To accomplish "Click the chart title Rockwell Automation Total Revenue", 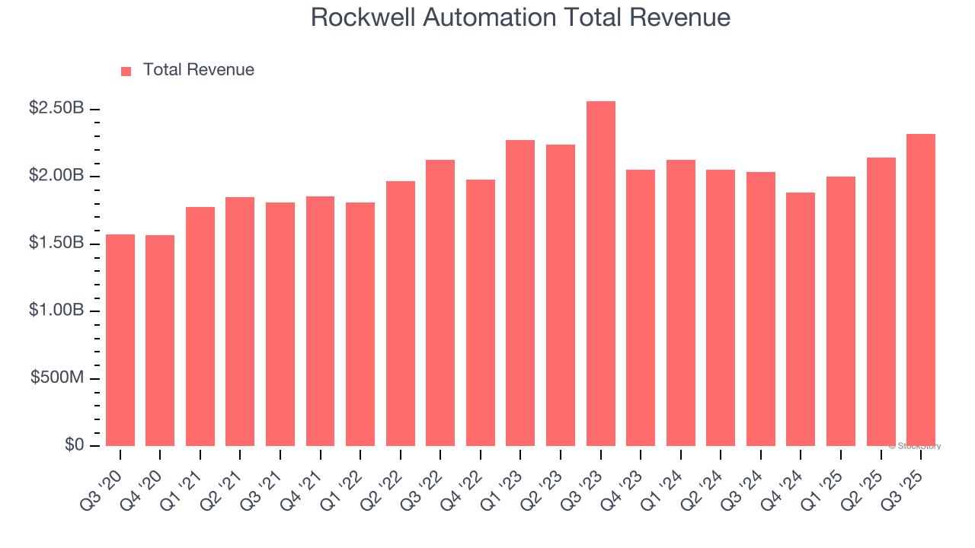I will pyautogui.click(x=520, y=18).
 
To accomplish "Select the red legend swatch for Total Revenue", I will pyautogui.click(x=126, y=71).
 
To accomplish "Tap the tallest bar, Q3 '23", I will pyautogui.click(x=600, y=274).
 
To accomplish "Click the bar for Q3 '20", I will pyautogui.click(x=120, y=340).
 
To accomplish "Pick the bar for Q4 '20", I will pyautogui.click(x=160, y=341).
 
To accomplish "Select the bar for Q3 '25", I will pyautogui.click(x=920, y=290).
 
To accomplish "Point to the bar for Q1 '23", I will pyautogui.click(x=520, y=293).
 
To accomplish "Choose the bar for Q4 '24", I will pyautogui.click(x=801, y=320).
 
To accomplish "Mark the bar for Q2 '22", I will pyautogui.click(x=401, y=314).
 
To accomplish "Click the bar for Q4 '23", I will pyautogui.click(x=641, y=308).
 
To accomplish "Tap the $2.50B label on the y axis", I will pyautogui.click(x=56, y=108).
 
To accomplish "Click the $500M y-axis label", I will pyautogui.click(x=57, y=378).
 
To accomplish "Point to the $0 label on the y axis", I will pyautogui.click(x=73, y=445).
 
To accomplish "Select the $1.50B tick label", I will pyautogui.click(x=56, y=243).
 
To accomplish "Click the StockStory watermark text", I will pyautogui.click(x=915, y=447).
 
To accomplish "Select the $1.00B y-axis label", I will pyautogui.click(x=56, y=311).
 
